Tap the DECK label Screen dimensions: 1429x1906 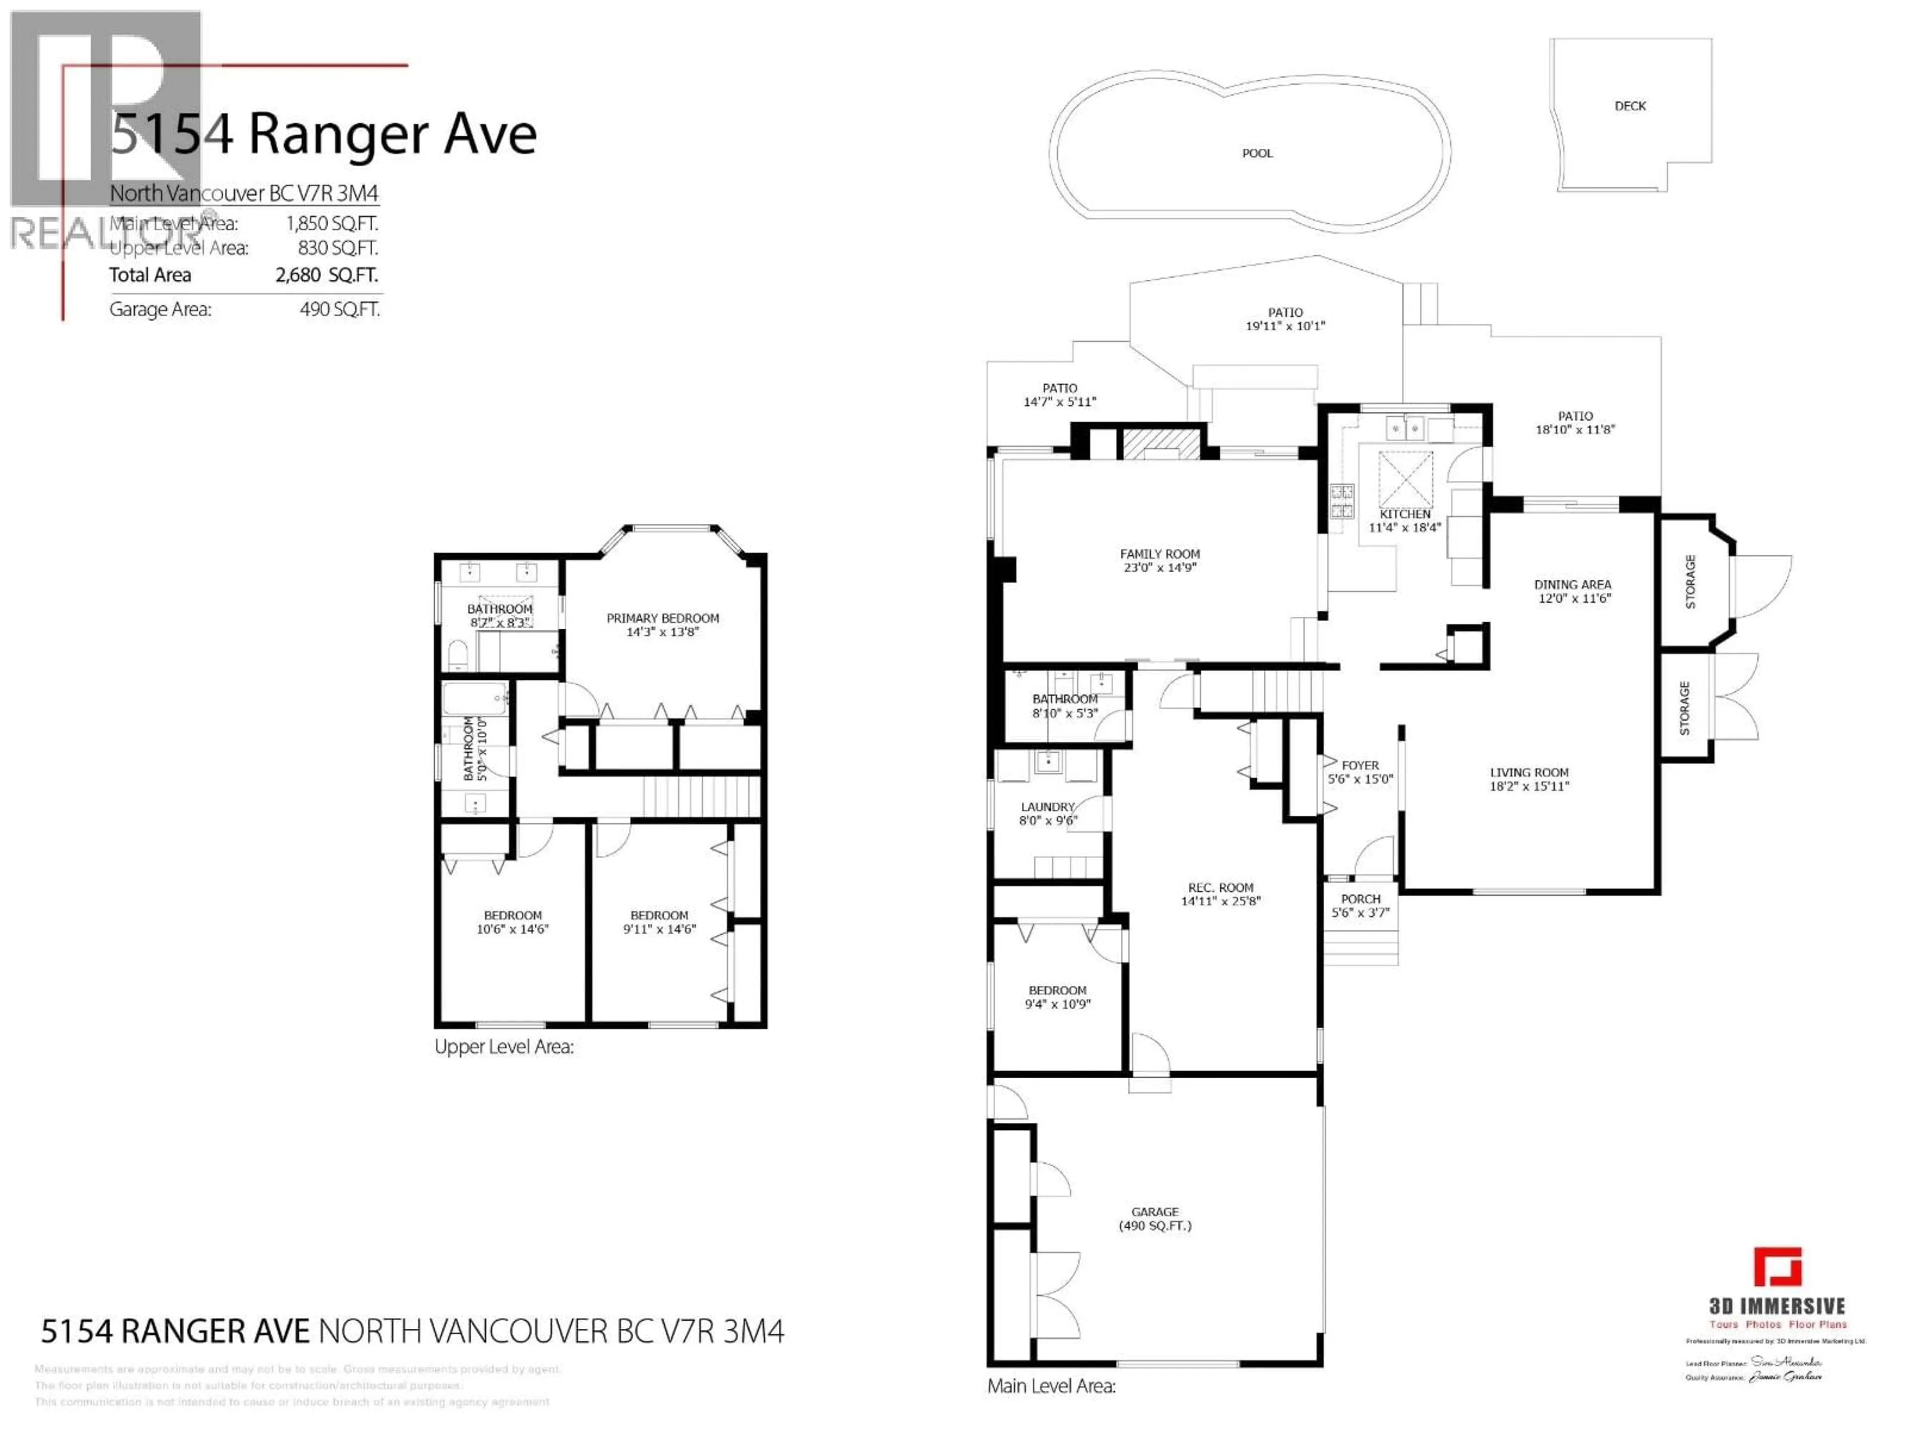point(1630,106)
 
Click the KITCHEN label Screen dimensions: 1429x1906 point(1405,514)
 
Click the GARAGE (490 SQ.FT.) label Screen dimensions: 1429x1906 point(1155,1218)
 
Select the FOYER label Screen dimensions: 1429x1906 point(1360,765)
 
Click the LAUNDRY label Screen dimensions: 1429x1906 point(1048,807)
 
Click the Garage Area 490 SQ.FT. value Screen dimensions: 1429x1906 point(340,309)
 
